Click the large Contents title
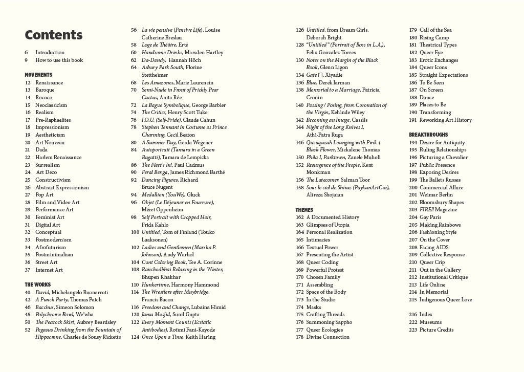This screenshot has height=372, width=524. (x=53, y=35)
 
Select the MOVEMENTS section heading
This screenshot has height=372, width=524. (x=38, y=75)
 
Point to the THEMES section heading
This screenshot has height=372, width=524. (x=304, y=210)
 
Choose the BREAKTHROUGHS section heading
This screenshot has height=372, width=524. (x=428, y=135)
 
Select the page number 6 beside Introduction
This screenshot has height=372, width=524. (x=26, y=52)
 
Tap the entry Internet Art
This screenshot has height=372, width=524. (x=49, y=270)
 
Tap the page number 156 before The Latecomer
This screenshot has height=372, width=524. (x=299, y=180)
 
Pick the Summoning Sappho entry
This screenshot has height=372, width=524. (x=329, y=322)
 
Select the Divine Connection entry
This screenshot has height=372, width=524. (x=327, y=337)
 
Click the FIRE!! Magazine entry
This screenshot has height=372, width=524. (x=439, y=210)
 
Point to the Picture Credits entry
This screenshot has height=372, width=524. (x=436, y=330)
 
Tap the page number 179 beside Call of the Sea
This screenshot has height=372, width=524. (x=413, y=30)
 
